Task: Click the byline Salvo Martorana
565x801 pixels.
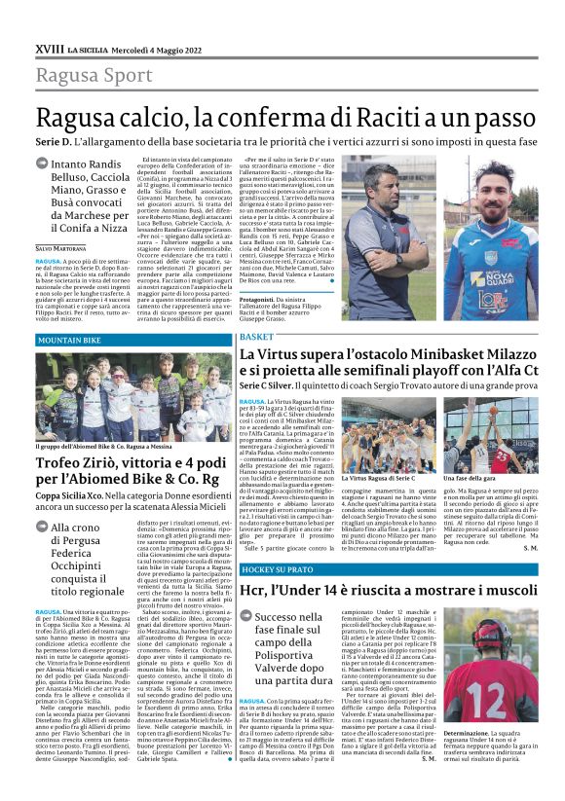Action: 61,248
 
